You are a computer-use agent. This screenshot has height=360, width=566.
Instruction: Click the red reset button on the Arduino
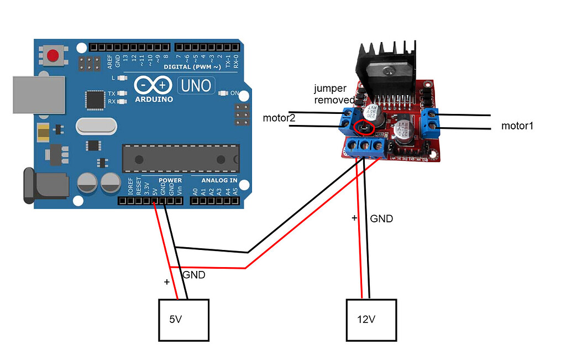(53, 55)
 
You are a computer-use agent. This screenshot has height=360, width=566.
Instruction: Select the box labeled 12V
(371, 320)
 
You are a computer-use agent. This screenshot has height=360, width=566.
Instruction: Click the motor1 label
(517, 126)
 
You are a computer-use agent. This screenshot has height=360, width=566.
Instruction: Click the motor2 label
(280, 118)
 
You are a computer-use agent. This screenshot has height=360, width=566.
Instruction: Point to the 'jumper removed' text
(334, 94)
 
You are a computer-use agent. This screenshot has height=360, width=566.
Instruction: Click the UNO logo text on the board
(195, 85)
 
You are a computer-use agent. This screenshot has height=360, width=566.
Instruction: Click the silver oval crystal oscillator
(97, 126)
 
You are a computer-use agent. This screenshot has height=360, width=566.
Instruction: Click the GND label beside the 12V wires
(381, 218)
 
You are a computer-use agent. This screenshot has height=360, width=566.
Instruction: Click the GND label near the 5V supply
(193, 275)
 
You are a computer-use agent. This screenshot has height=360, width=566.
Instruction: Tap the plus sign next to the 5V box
(166, 283)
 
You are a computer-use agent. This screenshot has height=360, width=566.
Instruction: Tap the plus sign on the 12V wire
(354, 218)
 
